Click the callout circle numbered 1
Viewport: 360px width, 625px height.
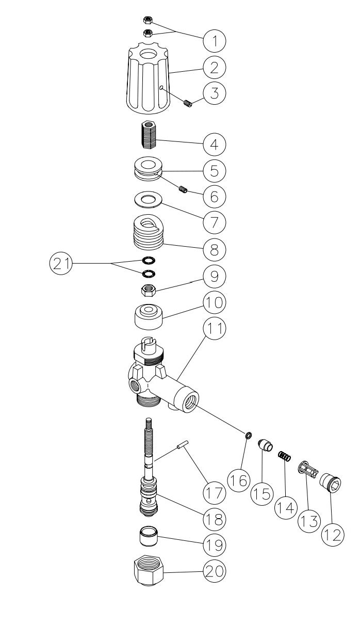tap(214, 39)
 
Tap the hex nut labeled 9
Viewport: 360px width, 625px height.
tap(149, 291)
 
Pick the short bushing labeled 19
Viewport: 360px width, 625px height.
tap(149, 535)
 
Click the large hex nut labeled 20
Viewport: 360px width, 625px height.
tap(150, 570)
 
